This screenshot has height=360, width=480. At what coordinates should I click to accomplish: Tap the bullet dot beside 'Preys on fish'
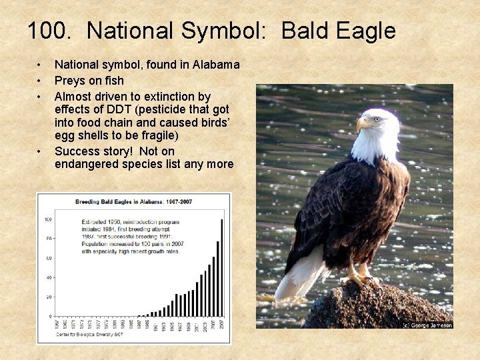tap(40, 81)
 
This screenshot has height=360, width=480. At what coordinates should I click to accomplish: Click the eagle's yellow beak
tap(363, 124)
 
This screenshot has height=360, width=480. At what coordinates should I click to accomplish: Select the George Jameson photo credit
tap(427, 325)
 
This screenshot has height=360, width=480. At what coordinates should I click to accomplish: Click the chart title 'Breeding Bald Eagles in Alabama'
tap(134, 201)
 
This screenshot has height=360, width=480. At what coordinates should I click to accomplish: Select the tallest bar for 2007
tap(222, 267)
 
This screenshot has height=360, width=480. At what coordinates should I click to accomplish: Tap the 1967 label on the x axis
tap(57, 326)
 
